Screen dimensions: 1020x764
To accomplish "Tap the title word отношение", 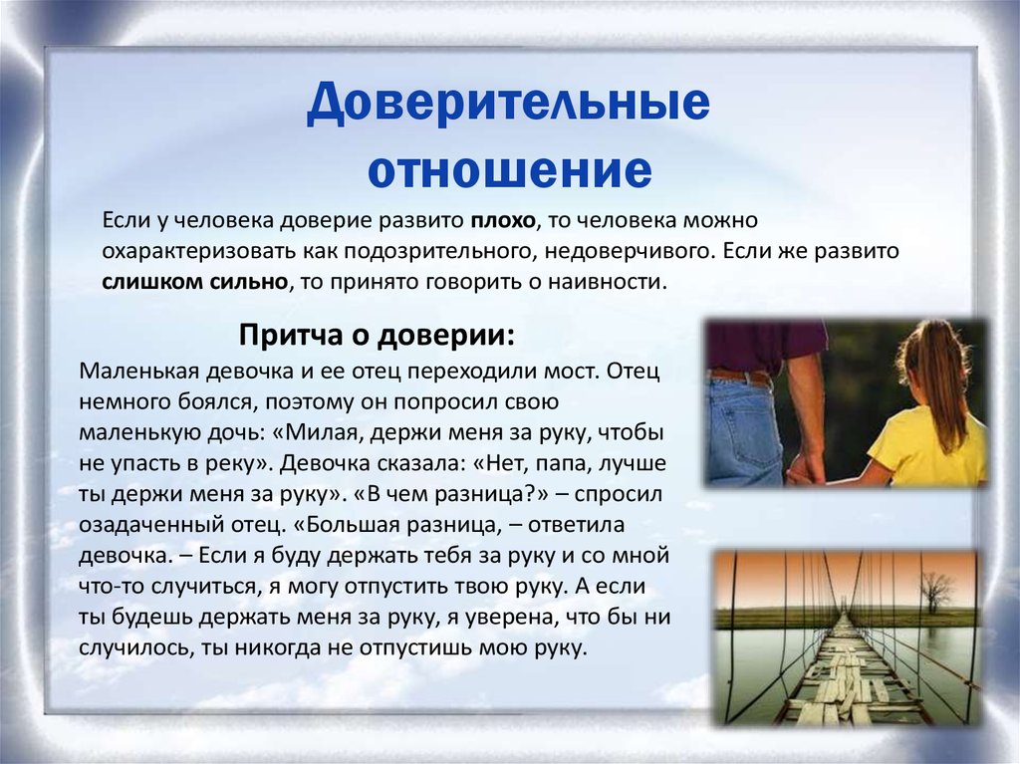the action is pyautogui.click(x=510, y=170).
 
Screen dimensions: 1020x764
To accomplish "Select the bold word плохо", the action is pyautogui.click(x=503, y=220).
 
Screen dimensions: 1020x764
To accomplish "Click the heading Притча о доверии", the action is pyautogui.click(x=377, y=335).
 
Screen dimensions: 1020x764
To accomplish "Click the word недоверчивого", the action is pyautogui.click(x=625, y=251).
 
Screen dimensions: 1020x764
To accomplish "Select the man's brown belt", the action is pyautogui.click(x=740, y=377).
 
